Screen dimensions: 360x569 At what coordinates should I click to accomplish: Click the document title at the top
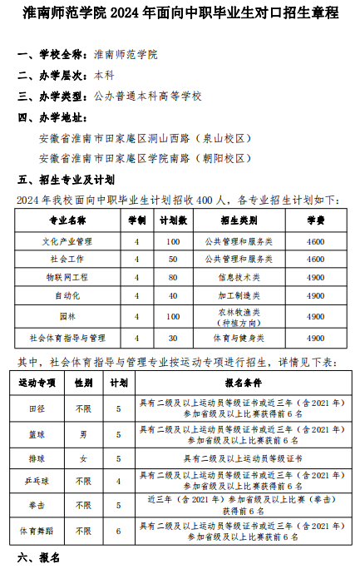tap(180, 13)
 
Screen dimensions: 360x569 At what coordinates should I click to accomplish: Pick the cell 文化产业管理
tap(67, 241)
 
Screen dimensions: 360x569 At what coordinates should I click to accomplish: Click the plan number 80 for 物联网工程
tap(173, 277)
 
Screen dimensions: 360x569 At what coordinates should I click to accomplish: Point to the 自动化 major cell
tap(67, 295)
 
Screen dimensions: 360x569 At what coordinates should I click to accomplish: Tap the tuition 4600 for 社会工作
tap(315, 260)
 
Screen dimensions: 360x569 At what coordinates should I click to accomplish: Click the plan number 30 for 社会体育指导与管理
tap(173, 339)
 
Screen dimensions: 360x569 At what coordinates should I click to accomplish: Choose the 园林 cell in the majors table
tap(67, 317)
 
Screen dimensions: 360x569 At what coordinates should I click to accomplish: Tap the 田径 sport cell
tap(37, 409)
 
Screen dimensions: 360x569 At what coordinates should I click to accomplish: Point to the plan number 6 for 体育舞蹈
tap(119, 531)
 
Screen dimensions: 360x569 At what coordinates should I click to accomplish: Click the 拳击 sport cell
tap(37, 505)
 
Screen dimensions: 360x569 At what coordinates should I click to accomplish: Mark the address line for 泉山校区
tap(145, 138)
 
